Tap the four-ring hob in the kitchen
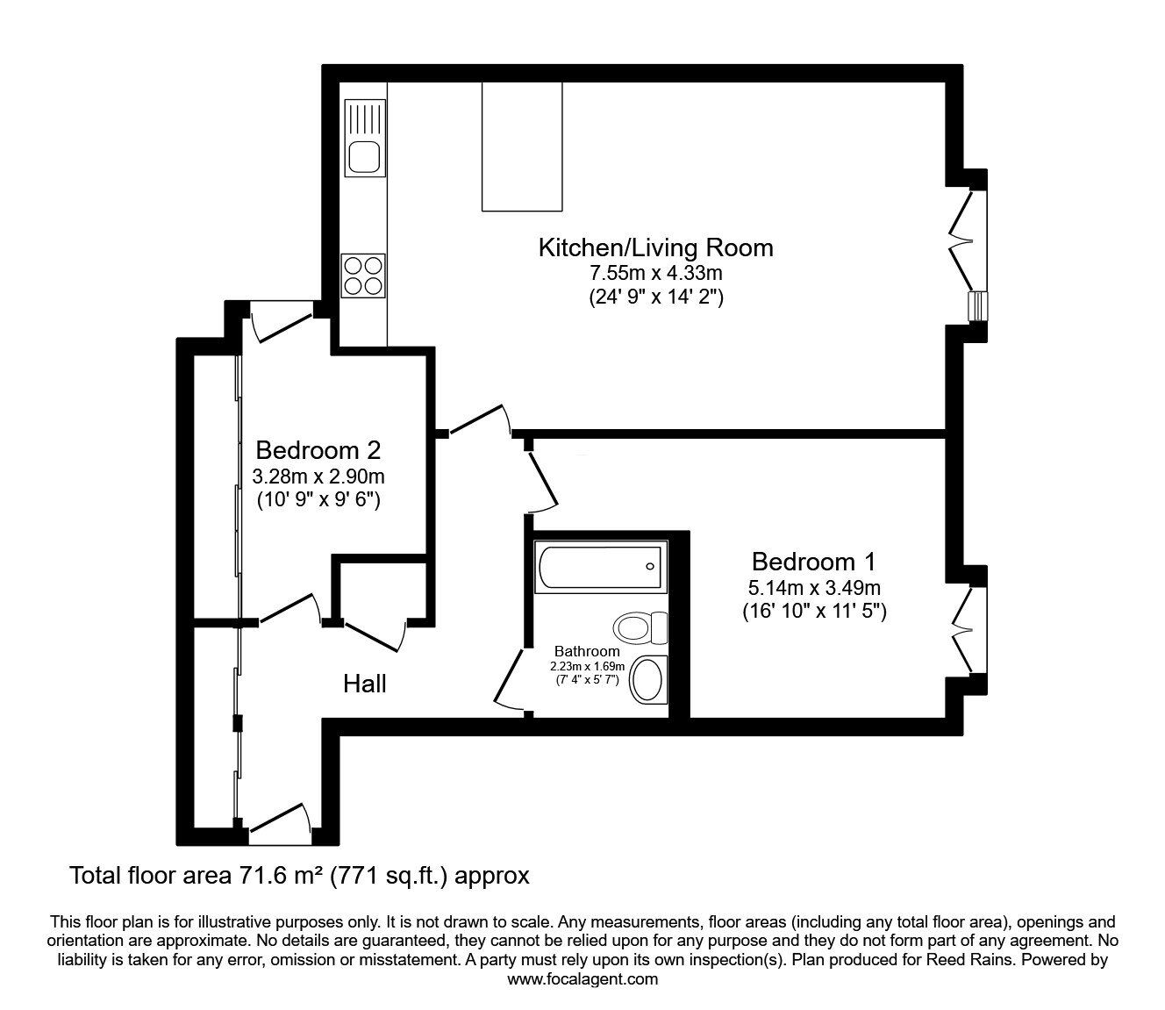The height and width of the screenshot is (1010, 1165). point(363,276)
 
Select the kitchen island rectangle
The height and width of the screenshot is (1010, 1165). point(522,147)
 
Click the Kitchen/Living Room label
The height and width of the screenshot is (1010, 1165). point(655,248)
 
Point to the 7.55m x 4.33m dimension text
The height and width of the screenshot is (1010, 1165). point(655,273)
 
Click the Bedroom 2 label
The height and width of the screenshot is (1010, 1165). point(318,450)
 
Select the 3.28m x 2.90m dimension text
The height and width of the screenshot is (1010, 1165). point(318,476)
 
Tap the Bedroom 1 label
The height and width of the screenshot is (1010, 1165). point(814,562)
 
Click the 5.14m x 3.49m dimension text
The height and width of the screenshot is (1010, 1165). point(814,588)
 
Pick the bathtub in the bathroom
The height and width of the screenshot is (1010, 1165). point(600,567)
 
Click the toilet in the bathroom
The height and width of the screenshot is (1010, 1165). point(640,627)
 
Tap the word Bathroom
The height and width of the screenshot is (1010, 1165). point(587,651)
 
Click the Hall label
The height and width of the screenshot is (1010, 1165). point(365,684)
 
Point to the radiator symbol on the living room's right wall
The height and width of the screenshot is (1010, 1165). point(977,306)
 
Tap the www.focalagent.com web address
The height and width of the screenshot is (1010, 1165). point(582,979)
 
